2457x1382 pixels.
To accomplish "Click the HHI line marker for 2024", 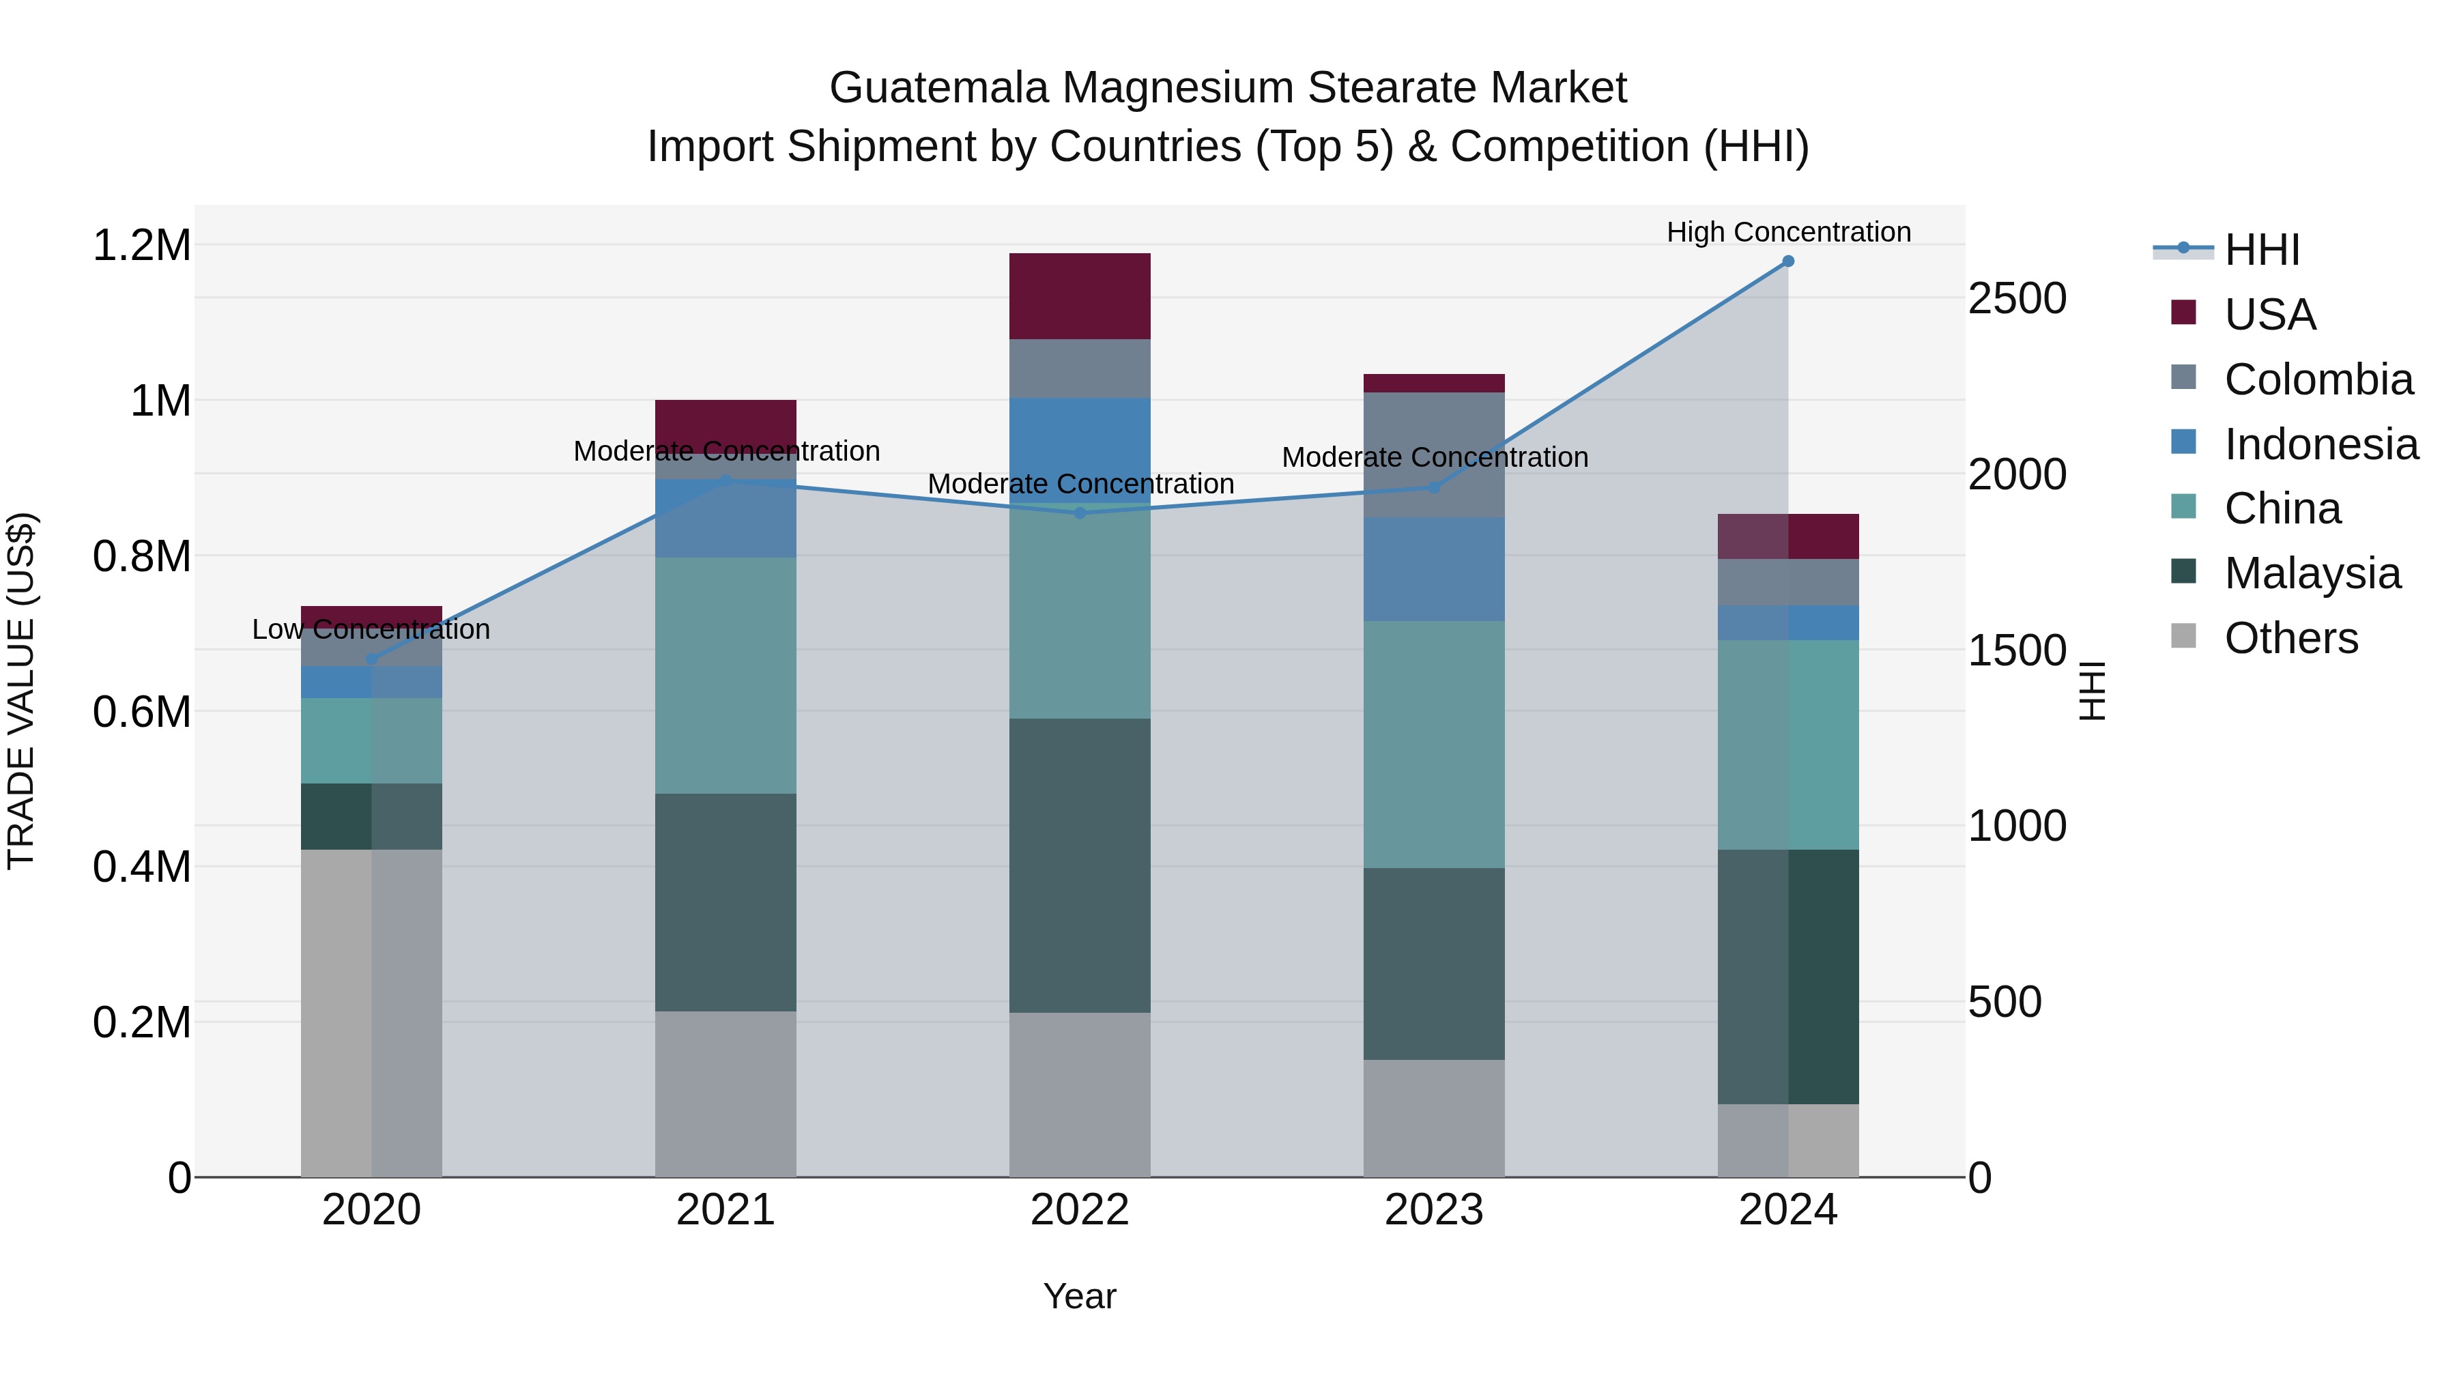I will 1787,261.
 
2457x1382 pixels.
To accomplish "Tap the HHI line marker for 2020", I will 372,659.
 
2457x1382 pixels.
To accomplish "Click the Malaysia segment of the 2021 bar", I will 726,902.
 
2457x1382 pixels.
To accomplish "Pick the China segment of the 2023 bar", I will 1433,744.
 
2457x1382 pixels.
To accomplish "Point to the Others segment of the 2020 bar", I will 372,1013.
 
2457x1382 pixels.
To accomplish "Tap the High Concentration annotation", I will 1787,233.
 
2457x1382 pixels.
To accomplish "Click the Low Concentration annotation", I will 371,629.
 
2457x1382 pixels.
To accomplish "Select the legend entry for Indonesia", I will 2320,444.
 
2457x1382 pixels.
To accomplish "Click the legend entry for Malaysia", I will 2312,573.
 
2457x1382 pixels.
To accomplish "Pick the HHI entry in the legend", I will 2262,250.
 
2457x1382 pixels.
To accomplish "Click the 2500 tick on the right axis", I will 2016,298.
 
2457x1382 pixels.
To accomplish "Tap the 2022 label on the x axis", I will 1080,1210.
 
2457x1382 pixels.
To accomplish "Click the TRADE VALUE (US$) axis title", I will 21,691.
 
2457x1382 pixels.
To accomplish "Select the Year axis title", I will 1080,1296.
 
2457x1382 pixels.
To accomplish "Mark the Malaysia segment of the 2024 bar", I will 1787,977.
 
